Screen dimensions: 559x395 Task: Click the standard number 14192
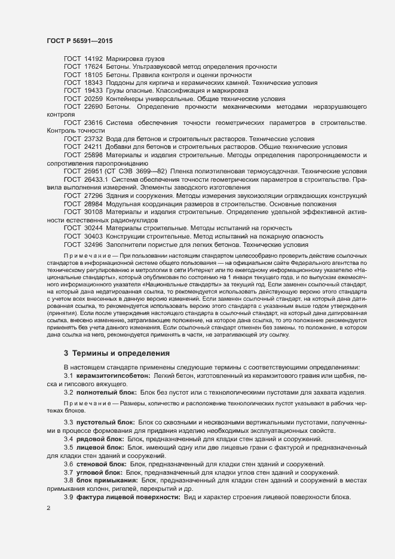[93, 59]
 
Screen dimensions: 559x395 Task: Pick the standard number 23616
[93, 123]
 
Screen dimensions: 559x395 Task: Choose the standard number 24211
[93, 146]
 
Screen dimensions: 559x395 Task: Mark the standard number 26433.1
[96, 180]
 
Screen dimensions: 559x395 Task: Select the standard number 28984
[93, 204]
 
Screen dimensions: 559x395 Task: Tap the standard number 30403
[93, 236]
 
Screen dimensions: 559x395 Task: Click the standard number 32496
[93, 245]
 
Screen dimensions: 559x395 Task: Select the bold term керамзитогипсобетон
[113, 374]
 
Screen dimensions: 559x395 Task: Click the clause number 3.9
[69, 499]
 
